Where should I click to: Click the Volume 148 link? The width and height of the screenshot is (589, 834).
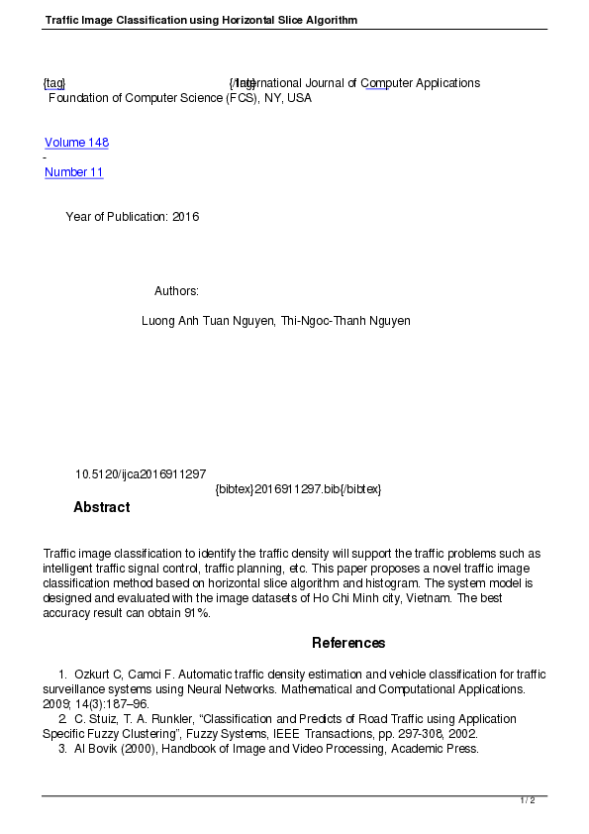76,143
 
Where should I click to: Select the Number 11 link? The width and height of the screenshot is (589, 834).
74,172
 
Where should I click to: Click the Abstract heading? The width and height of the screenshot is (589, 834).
101,507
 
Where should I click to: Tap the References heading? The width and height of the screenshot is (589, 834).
348,643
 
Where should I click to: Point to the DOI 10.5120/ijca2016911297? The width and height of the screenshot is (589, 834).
141,474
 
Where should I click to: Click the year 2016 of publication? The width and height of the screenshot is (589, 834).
186,217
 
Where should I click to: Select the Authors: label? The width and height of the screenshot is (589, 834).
176,291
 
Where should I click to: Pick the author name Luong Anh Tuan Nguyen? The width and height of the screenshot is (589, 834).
208,321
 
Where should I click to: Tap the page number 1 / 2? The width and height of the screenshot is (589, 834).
528,800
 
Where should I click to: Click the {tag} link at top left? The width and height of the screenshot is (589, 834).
54,83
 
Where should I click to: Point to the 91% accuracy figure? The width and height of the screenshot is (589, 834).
196,613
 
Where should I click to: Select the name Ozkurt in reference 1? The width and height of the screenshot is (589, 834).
92,675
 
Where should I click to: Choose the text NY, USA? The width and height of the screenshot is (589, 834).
287,98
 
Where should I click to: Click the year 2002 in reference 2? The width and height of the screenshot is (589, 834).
463,734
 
